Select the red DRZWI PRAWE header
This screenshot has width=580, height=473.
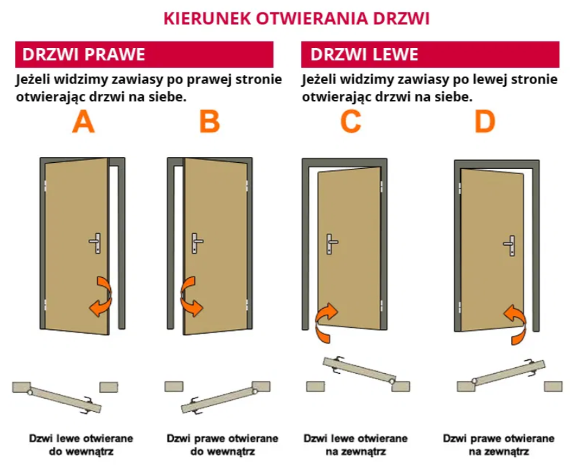[144, 54]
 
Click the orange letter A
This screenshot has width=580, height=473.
[83, 122]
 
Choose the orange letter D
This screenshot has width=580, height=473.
[485, 122]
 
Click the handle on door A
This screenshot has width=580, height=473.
[96, 242]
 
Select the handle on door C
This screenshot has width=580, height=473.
[332, 244]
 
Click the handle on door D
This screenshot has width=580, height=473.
[511, 244]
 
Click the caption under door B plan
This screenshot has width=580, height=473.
[222, 445]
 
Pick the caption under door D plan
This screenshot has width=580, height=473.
[498, 445]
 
